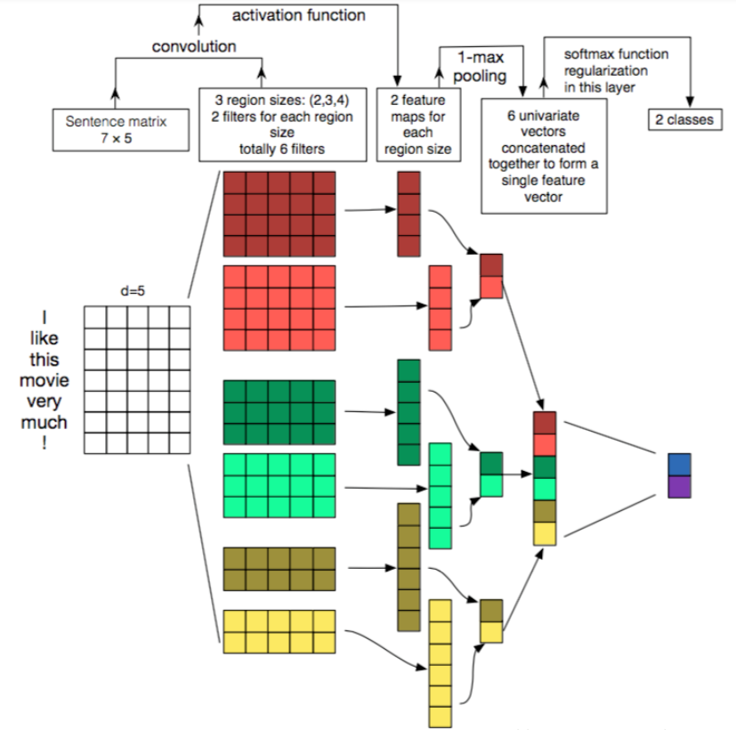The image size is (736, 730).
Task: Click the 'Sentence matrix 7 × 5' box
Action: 121,130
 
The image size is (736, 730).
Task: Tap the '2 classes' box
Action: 685,119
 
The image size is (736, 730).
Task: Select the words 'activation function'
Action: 298,15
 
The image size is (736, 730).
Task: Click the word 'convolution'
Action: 194,46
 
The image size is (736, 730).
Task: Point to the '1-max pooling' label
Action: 481,67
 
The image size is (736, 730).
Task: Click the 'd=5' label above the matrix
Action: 133,291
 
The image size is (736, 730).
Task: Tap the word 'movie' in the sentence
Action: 44,380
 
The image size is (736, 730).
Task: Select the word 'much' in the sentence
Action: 44,423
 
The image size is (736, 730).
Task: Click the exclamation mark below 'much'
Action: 44,442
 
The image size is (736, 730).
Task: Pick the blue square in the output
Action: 679,465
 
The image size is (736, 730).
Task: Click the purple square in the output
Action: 679,487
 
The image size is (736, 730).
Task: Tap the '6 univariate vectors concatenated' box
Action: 544,156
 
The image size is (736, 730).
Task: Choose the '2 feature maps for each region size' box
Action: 418,125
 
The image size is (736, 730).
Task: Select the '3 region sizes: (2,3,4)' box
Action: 283,125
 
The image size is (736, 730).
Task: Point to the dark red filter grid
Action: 279,214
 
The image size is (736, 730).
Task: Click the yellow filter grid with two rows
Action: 279,632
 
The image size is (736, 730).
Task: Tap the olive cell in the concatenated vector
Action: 545,512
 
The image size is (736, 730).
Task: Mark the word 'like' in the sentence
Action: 44,338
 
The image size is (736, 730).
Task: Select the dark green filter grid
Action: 279,412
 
